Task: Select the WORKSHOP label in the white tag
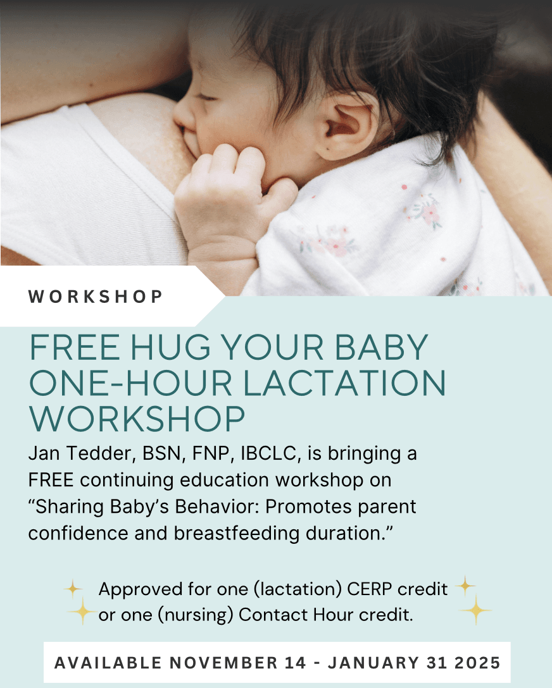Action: (96, 297)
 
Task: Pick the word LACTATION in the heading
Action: (345, 383)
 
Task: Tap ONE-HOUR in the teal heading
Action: (130, 383)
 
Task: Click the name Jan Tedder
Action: (80, 453)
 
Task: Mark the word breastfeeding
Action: (237, 534)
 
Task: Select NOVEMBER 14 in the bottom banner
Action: (238, 663)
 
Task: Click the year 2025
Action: (478, 663)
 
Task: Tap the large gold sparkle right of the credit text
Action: (475, 610)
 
